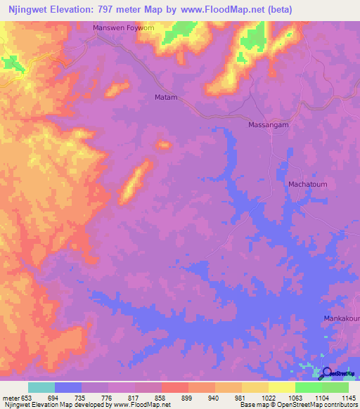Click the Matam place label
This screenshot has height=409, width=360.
[166, 97]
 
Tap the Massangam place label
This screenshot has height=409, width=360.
[269, 124]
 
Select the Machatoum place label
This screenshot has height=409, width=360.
[308, 184]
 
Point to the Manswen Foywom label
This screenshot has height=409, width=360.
[124, 29]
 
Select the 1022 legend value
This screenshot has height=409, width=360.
[269, 397]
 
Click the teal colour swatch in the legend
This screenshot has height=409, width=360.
[41, 387]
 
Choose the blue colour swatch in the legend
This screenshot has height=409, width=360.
[67, 387]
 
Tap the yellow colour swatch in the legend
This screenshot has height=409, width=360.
[281, 387]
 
